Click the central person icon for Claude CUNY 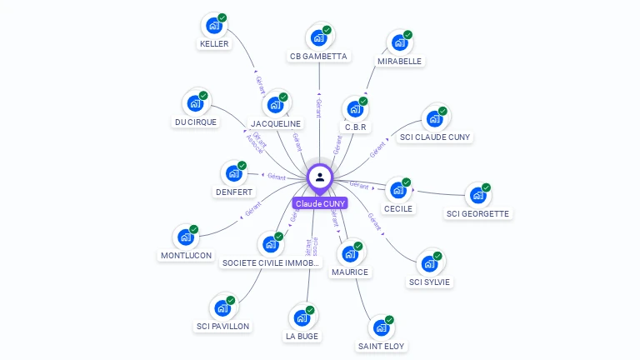[x=320, y=177]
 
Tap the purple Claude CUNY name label [x=320, y=203]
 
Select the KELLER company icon [x=215, y=26]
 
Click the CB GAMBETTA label [x=318, y=57]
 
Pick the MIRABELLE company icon [x=400, y=42]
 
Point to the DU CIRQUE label [x=196, y=122]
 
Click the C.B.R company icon [x=355, y=109]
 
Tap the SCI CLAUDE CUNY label [x=435, y=137]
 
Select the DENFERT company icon [x=234, y=174]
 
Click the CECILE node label [x=397, y=208]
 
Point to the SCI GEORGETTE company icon [x=477, y=195]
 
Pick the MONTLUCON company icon [x=186, y=237]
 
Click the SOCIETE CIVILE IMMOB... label [x=270, y=262]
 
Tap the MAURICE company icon [x=350, y=253]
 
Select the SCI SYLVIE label [x=429, y=282]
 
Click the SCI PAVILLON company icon [x=222, y=307]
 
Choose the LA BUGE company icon [x=302, y=317]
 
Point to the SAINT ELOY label [x=382, y=345]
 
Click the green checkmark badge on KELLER [x=222, y=18]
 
